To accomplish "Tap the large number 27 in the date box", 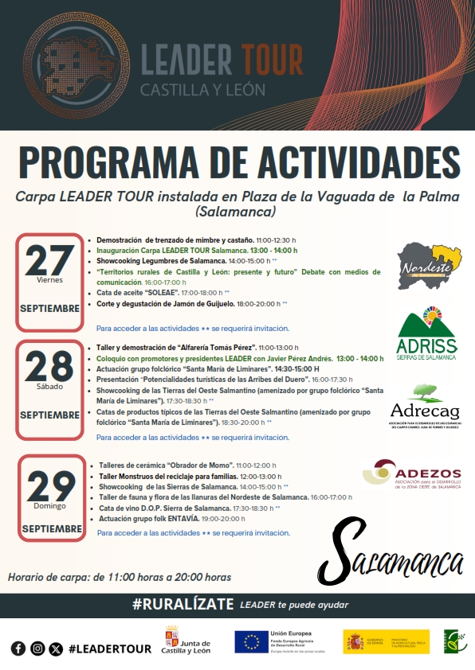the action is click(49, 259).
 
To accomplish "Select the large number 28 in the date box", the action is click(49, 367).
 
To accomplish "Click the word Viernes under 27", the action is click(49, 280).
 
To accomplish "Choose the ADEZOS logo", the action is click(411, 474).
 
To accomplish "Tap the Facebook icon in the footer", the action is click(18, 649).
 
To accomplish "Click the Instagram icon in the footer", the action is click(37, 649).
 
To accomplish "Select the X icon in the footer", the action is click(55, 649).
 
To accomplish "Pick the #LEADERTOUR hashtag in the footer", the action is click(109, 649).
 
